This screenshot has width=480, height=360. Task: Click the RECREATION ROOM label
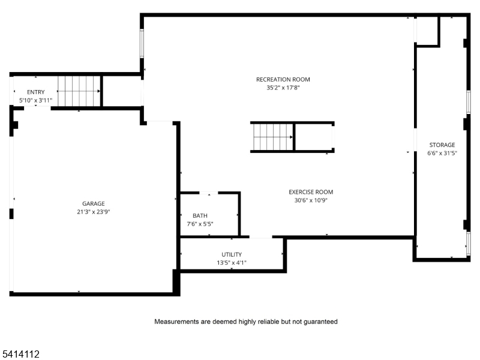click(x=283, y=79)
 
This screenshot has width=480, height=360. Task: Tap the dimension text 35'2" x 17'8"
click(x=283, y=88)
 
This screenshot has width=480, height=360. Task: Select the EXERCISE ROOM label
click(x=311, y=192)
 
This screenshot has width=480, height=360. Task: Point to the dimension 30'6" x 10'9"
click(x=311, y=200)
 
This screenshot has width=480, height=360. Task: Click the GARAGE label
click(x=93, y=203)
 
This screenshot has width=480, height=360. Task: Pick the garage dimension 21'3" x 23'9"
click(x=93, y=212)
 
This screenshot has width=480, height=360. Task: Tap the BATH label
click(x=200, y=215)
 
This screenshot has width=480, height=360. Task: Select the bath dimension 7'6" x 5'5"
click(x=200, y=224)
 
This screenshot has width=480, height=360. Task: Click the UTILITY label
click(x=232, y=254)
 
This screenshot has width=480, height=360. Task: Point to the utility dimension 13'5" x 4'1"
click(x=232, y=263)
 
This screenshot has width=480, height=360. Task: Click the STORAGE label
click(x=442, y=145)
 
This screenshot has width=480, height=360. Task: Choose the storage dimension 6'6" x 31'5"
click(x=442, y=153)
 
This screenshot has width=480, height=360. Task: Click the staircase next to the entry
click(x=79, y=91)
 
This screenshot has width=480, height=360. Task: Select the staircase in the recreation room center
click(x=272, y=137)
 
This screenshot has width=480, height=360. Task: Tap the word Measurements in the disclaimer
click(x=177, y=322)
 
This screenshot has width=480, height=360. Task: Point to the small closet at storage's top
click(x=427, y=31)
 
